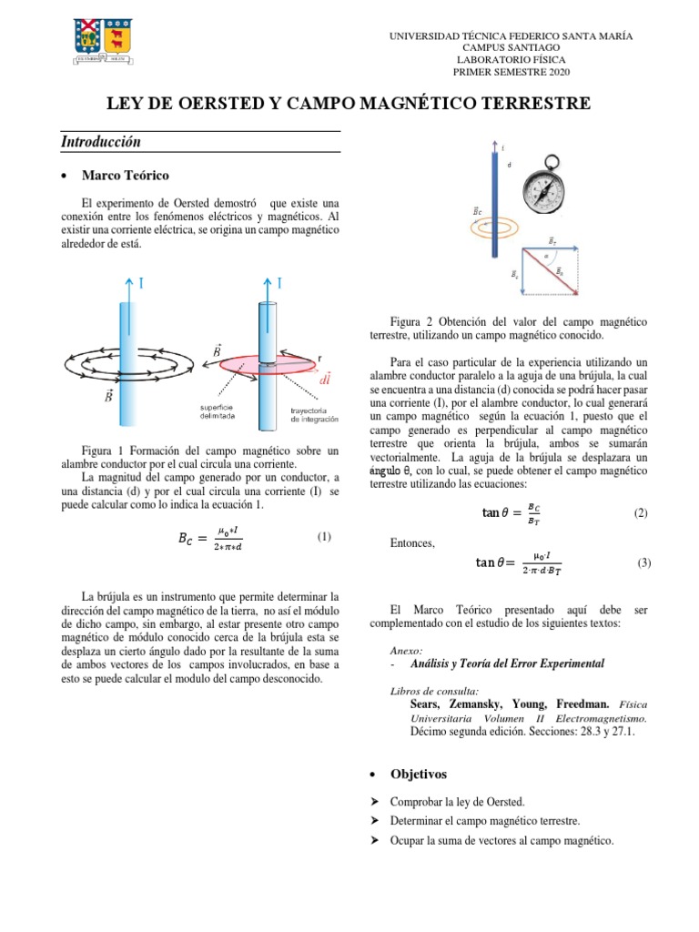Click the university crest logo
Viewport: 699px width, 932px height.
(x=101, y=39)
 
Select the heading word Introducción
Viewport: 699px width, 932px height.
(x=101, y=142)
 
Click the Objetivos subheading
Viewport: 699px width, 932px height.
(x=419, y=774)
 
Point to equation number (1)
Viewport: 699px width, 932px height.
(x=324, y=537)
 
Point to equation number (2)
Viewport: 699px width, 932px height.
(x=640, y=513)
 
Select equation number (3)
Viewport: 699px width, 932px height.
(x=644, y=563)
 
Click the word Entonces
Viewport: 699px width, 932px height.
(x=413, y=543)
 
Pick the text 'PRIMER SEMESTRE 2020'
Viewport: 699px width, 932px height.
(x=511, y=72)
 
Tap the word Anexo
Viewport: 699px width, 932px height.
(x=406, y=651)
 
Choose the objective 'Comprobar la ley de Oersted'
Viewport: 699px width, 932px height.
(x=457, y=802)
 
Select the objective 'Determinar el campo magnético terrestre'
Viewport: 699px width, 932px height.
(x=484, y=821)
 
